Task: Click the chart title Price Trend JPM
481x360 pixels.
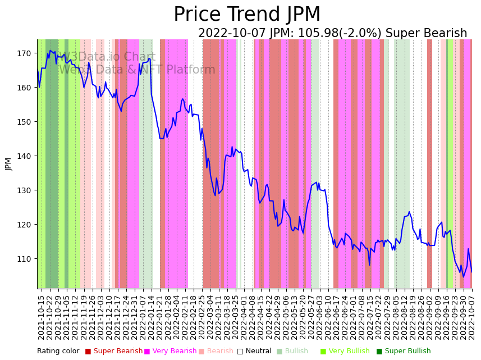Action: pos(247,15)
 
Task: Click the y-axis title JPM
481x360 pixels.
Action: pos(8,164)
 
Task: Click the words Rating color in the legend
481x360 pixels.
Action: pos(58,352)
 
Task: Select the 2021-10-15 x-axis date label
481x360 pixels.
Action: pos(41,317)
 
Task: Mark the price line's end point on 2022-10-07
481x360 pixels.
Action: pos(471,272)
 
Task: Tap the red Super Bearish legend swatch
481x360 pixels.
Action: pos(88,352)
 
